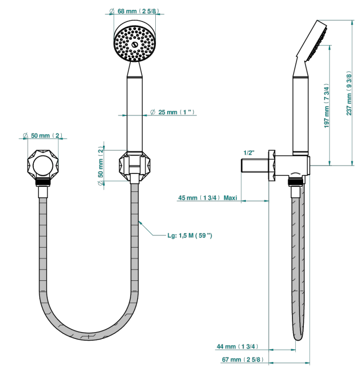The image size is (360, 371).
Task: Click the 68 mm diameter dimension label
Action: coord(135,11)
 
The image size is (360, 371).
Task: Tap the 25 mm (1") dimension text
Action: coord(173,112)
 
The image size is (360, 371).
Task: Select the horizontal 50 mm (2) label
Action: coord(43,136)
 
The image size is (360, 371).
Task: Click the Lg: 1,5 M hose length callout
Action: coord(190,235)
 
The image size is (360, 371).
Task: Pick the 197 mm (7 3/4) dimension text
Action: coord(326,106)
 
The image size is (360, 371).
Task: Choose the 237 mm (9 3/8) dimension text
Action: coord(349,93)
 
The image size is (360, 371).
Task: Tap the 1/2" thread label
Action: coord(249,153)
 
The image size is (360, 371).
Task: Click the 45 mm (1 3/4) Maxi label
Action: coord(208,198)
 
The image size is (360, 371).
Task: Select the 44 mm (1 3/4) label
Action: coord(237,347)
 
